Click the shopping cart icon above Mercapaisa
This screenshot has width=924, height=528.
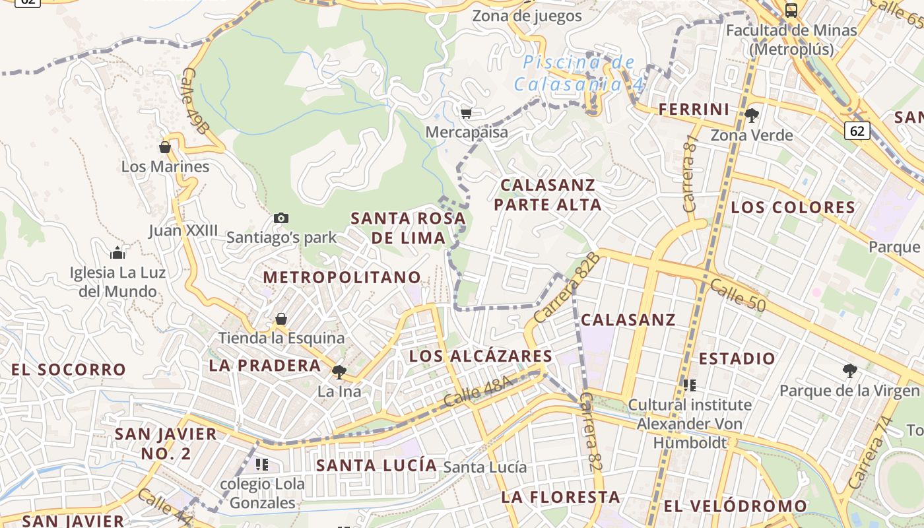click(x=466, y=113)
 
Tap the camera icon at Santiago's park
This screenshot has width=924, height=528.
click(x=281, y=218)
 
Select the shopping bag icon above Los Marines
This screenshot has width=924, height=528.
click(x=165, y=147)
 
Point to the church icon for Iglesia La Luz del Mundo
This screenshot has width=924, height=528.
click(x=117, y=252)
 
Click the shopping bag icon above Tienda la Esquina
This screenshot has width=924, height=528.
click(x=281, y=319)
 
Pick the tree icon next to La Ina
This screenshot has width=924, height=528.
click(x=339, y=372)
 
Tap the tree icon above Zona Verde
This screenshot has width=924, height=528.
click(x=751, y=115)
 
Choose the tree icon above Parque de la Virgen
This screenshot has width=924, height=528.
click(x=849, y=371)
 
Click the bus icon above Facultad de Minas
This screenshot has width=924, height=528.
click(x=791, y=10)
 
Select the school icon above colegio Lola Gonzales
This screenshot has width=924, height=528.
click(x=262, y=465)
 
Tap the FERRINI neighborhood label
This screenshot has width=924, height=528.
click(x=694, y=110)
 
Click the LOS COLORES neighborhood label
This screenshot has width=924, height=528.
click(x=793, y=207)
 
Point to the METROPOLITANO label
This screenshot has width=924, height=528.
click(x=342, y=277)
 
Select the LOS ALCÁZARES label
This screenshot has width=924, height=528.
click(x=480, y=356)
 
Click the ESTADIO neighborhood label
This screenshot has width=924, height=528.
click(x=737, y=359)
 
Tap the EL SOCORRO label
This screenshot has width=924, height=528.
click(x=69, y=370)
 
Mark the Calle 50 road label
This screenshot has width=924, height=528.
click(x=739, y=295)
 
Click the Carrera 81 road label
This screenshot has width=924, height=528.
click(x=691, y=174)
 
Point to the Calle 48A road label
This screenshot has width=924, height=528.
click(x=478, y=392)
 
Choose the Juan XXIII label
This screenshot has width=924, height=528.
click(x=183, y=230)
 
